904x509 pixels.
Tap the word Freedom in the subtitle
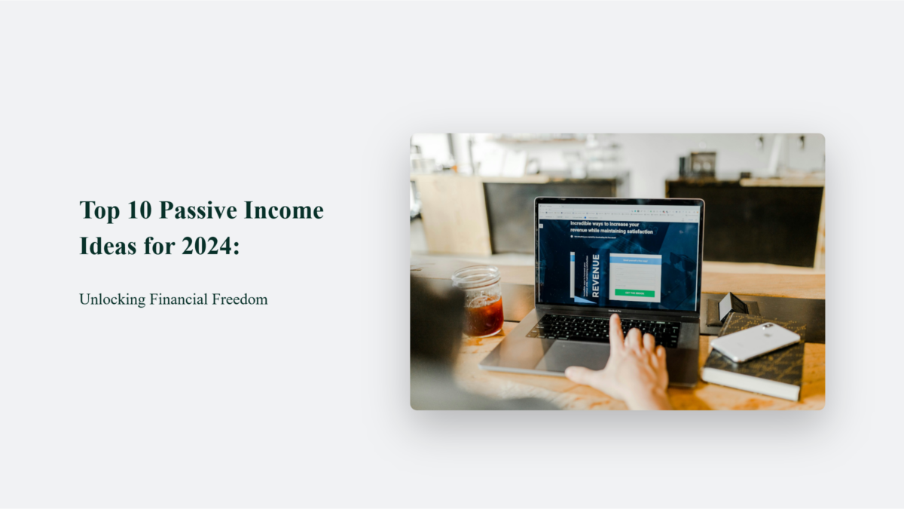pyautogui.click(x=241, y=299)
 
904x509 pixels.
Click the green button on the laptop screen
pyautogui.click(x=634, y=293)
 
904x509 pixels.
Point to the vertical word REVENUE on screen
pyautogui.click(x=595, y=276)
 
